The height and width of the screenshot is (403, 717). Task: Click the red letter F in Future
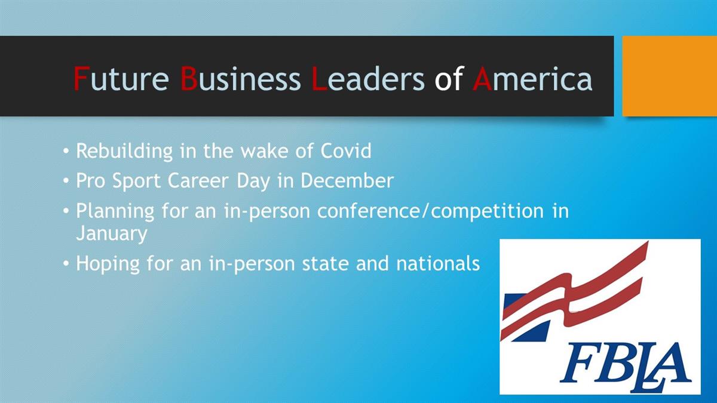point(81,78)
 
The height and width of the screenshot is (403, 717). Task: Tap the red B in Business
point(189,78)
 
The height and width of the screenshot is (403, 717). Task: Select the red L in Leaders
point(319,78)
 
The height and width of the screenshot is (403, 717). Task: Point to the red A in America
point(482,78)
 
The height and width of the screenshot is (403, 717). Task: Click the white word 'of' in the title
point(449,78)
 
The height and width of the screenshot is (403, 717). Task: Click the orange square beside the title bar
point(670,76)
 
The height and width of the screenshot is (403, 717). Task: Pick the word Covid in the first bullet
point(346,150)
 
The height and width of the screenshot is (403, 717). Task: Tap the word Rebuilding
point(124,151)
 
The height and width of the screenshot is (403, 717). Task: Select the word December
point(347,181)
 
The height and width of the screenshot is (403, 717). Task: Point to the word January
point(112,233)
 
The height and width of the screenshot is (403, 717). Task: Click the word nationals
point(438,263)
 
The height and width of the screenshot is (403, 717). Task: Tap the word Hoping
point(108,264)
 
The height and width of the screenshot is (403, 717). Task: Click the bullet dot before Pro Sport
point(66,181)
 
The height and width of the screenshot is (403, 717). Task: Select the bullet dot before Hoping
point(66,264)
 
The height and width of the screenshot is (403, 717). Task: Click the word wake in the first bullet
point(265,151)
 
